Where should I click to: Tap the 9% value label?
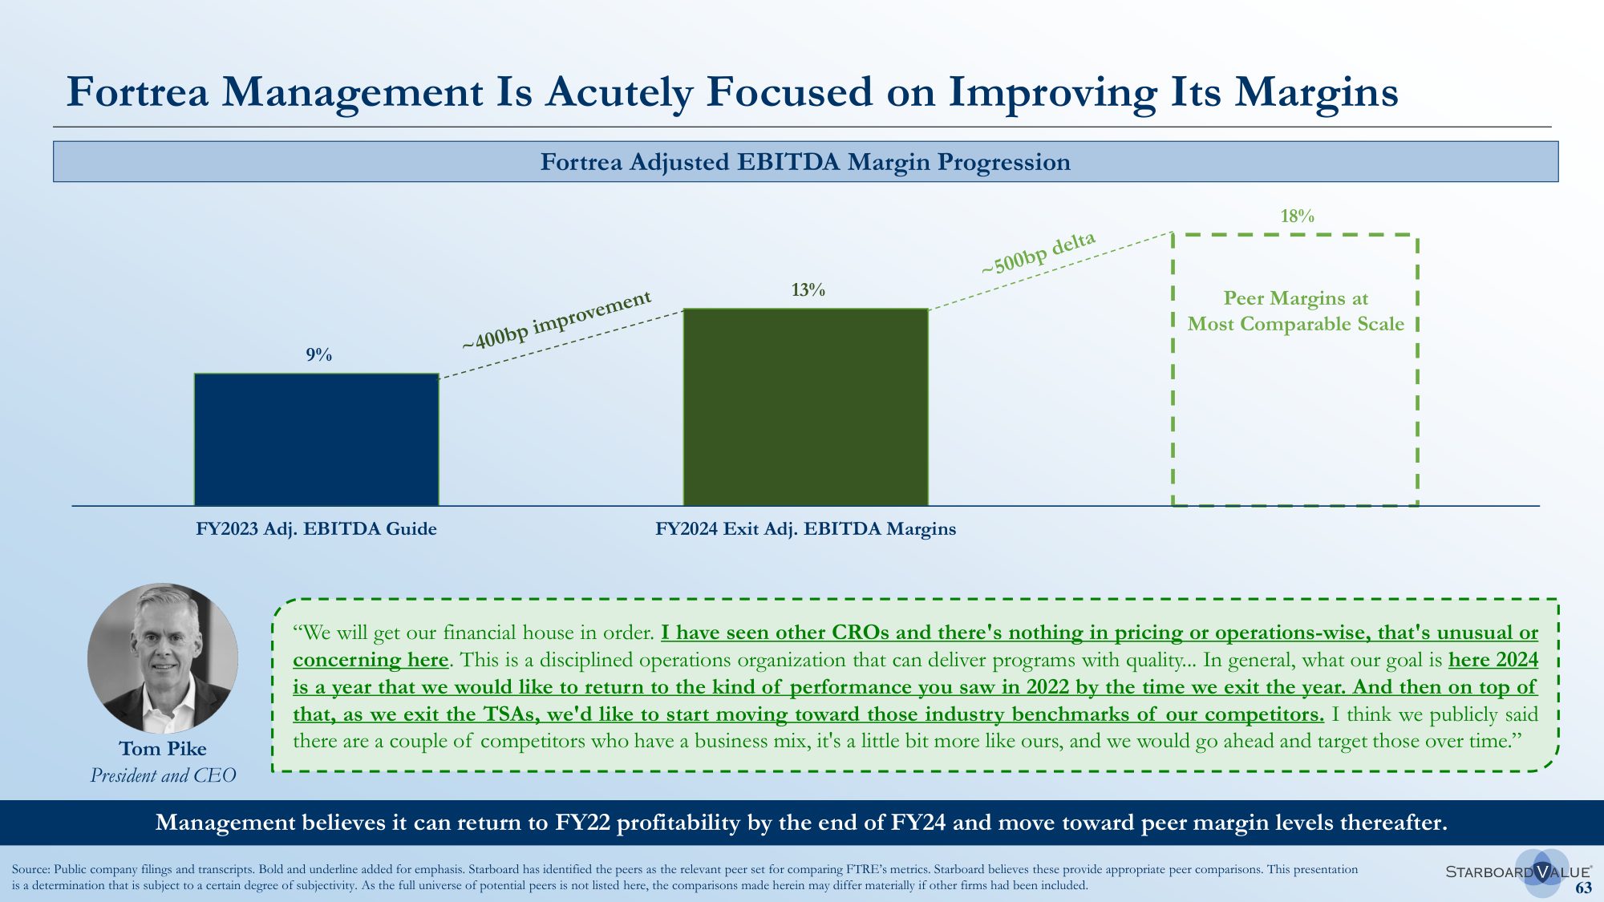[319, 354]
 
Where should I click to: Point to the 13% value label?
[808, 289]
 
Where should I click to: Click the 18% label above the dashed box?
[1297, 216]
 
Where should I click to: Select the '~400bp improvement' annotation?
[557, 320]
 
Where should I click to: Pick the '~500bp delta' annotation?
[1038, 253]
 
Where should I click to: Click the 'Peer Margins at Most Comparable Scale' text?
[1295, 311]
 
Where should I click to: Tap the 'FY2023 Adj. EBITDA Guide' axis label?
[316, 529]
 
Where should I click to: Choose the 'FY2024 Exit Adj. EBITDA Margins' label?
[805, 529]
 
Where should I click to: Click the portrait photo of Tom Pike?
[163, 657]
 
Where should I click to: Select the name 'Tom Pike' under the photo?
[163, 749]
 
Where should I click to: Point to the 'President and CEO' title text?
[163, 775]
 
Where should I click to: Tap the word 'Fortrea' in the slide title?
[137, 92]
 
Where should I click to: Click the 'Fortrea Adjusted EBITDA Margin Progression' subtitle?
[805, 162]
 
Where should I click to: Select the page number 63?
[1583, 888]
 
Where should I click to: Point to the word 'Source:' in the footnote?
[31, 869]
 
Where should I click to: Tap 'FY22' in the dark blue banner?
[582, 823]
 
